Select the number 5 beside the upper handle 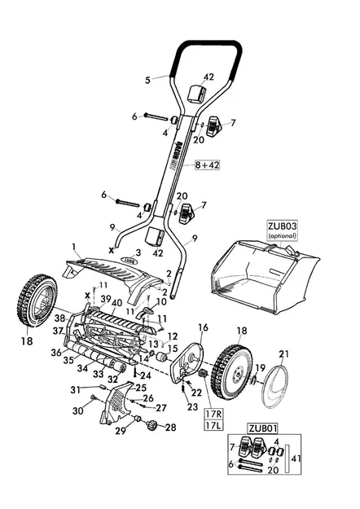coord(147,80)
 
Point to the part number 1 coord(73,245)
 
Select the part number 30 coord(77,411)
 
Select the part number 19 coord(259,368)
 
